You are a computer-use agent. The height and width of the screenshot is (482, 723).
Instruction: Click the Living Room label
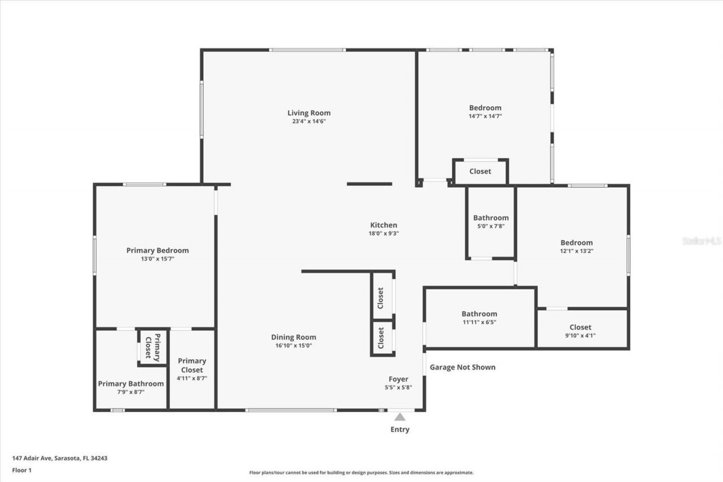308,113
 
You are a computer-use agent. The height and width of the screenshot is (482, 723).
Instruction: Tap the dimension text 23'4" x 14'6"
308,121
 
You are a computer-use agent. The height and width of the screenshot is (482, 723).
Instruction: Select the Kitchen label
384,225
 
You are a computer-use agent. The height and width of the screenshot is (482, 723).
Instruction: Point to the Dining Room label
293,337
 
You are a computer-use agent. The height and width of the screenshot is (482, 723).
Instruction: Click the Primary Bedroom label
157,250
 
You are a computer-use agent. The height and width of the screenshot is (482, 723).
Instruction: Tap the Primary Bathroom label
130,384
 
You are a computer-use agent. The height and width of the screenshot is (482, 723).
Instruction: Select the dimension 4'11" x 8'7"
192,379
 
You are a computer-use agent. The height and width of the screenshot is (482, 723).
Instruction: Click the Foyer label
398,379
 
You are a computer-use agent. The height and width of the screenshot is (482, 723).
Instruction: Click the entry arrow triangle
400,417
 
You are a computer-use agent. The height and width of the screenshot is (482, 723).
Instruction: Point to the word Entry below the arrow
400,429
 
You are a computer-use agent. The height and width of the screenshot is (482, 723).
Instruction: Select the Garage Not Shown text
463,367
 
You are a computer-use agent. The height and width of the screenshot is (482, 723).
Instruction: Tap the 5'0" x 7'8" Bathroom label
491,218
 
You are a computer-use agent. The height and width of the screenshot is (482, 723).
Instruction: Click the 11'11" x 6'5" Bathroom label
479,314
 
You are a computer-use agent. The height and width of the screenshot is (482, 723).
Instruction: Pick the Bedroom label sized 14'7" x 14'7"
485,108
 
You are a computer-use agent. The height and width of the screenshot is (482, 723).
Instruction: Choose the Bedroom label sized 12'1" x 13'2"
576,242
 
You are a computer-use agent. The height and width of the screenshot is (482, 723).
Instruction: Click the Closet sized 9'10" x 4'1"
580,327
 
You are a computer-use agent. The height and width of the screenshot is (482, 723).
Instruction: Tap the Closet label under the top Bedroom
480,171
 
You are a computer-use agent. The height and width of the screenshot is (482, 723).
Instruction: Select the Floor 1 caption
21,470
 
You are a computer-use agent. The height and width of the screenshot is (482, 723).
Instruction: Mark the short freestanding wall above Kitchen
369,184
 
